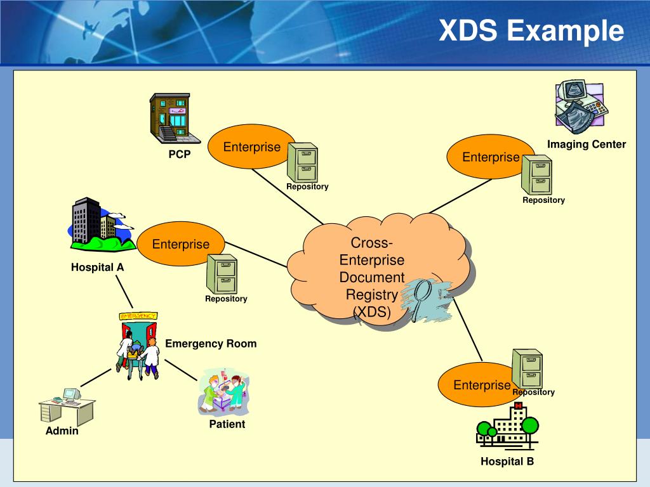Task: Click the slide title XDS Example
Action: click(531, 30)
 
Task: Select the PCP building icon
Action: click(173, 117)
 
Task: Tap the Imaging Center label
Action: click(587, 145)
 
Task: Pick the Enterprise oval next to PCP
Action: click(252, 146)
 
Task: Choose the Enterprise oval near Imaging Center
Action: click(490, 157)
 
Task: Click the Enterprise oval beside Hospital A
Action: click(181, 244)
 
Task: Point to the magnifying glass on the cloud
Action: click(421, 298)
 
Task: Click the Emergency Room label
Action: click(211, 344)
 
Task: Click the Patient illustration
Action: click(224, 393)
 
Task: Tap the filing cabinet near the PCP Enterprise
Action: click(303, 162)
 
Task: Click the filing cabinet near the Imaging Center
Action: click(537, 174)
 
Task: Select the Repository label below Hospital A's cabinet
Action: click(226, 299)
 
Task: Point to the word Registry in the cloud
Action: click(371, 294)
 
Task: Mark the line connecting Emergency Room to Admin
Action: click(96, 377)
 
